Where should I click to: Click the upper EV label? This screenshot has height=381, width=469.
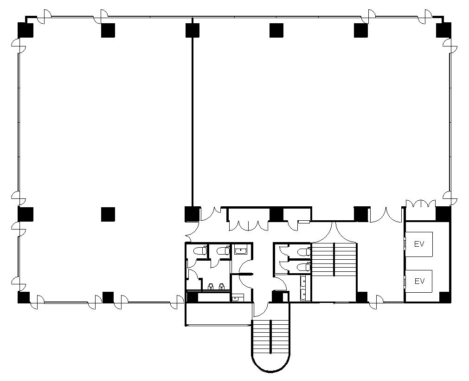pyautogui.click(x=419, y=244)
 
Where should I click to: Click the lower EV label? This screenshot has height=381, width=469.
pyautogui.click(x=419, y=281)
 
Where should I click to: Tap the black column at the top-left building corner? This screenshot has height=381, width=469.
pyautogui.click(x=26, y=30)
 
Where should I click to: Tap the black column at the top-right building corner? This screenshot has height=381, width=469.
pyautogui.click(x=443, y=30)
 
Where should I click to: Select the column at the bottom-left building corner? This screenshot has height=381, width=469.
pyautogui.click(x=24, y=297)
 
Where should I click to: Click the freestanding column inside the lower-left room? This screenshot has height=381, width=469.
pyautogui.click(x=108, y=215)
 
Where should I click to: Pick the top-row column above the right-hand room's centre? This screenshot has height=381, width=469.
pyautogui.click(x=276, y=30)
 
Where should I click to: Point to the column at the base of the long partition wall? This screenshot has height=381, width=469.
pyautogui.click(x=193, y=214)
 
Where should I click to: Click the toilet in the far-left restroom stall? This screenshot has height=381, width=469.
pyautogui.click(x=200, y=250)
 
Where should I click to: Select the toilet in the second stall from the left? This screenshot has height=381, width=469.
pyautogui.click(x=223, y=250)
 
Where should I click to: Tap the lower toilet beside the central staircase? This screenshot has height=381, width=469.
pyautogui.click(x=305, y=266)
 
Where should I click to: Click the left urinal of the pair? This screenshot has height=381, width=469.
pyautogui.click(x=210, y=287)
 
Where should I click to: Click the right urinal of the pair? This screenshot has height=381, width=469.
pyautogui.click(x=222, y=287)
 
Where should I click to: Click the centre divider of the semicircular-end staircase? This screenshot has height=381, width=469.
pyautogui.click(x=271, y=336)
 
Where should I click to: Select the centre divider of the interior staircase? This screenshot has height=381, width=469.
pyautogui.click(x=334, y=259)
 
